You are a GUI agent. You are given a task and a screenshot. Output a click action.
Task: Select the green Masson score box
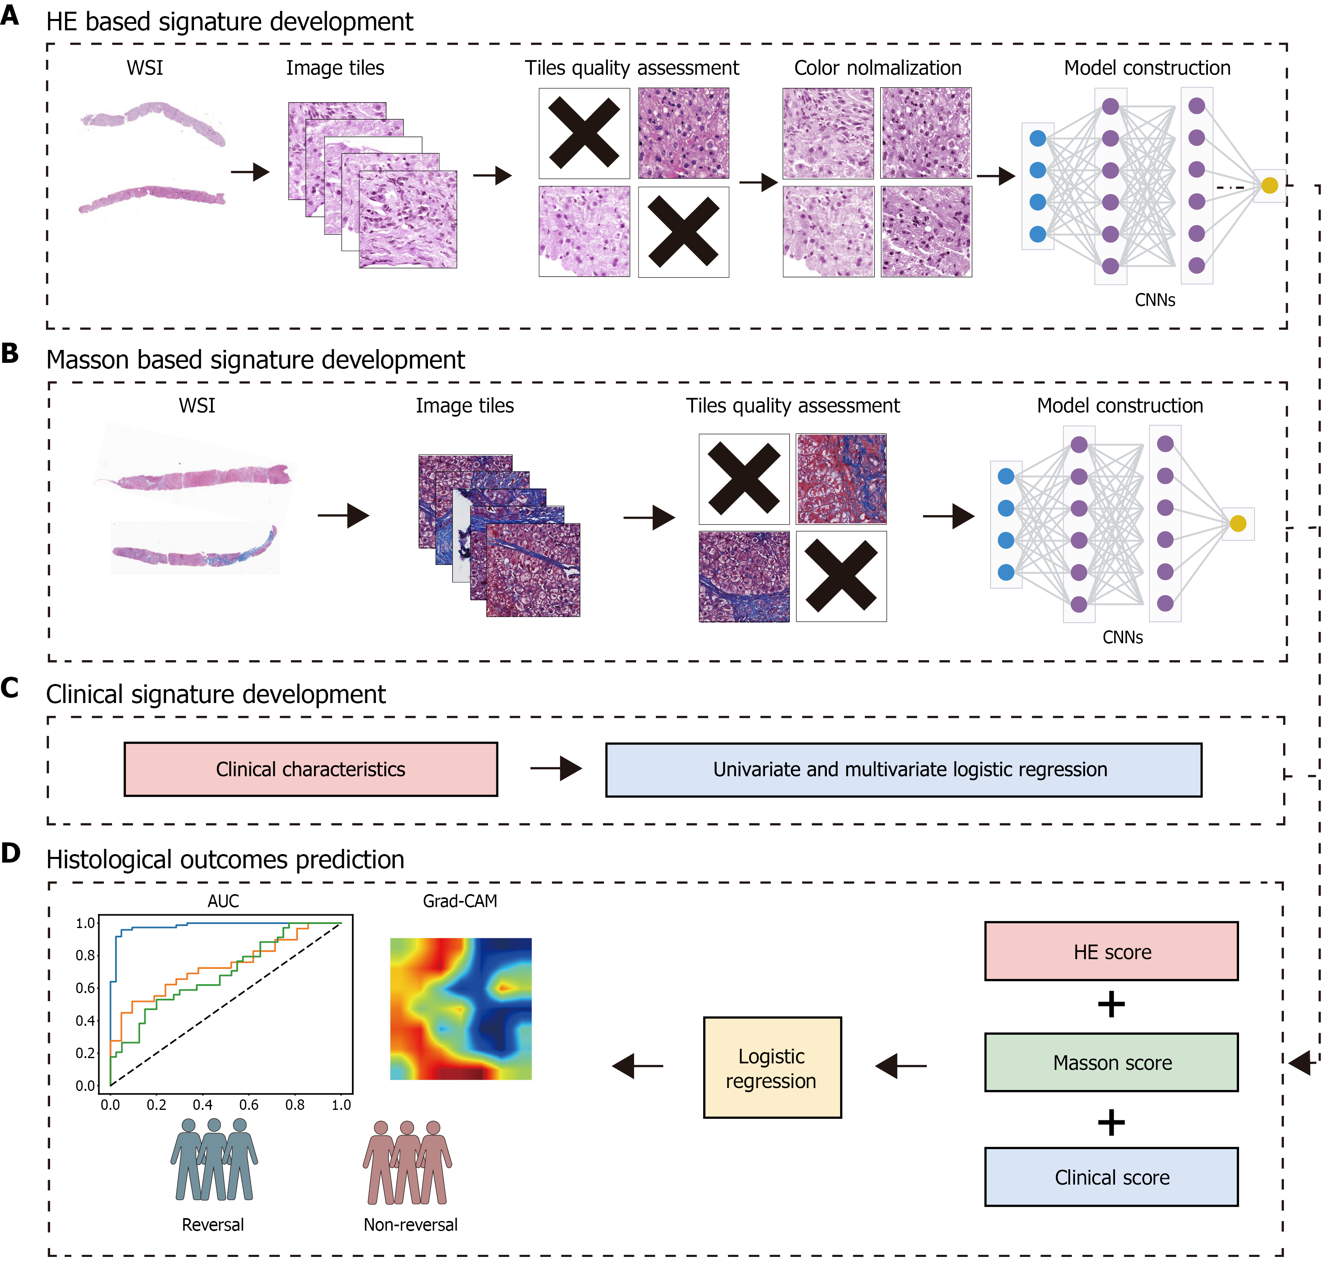(1111, 1062)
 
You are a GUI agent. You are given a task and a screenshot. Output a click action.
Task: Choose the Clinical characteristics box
(310, 769)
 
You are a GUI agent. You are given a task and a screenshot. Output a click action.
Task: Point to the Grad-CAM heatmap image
(461, 1009)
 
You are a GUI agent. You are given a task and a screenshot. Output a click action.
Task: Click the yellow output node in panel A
(1269, 185)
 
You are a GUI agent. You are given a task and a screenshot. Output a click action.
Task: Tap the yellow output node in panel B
(1237, 523)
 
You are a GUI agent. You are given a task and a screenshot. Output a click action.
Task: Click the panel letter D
(11, 853)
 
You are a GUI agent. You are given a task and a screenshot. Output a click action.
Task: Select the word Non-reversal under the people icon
(410, 1225)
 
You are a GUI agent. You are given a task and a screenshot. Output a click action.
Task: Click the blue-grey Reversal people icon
(214, 1160)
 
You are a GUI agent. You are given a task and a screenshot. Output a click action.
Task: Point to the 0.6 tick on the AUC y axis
(86, 988)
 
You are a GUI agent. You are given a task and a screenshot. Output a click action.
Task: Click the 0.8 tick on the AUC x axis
(295, 1105)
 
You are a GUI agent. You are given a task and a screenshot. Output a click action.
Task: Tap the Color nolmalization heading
(877, 68)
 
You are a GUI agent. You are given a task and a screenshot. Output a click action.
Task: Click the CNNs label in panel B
(1122, 637)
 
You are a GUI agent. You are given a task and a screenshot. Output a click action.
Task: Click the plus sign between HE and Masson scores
(1111, 1005)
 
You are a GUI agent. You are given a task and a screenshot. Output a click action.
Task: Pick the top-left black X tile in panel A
(584, 133)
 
